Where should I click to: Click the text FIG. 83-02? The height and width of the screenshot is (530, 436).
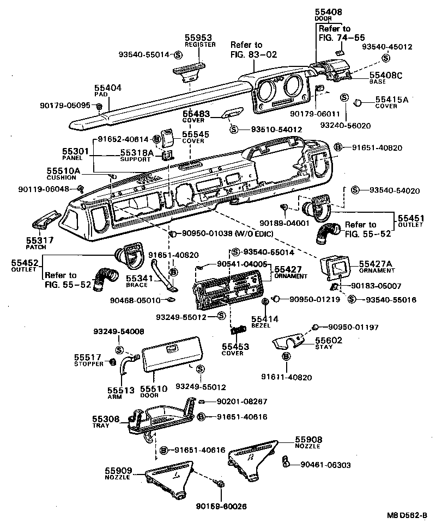[254, 54]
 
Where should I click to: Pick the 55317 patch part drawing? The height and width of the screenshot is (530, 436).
[46, 220]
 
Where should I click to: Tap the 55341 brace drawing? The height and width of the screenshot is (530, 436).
[161, 275]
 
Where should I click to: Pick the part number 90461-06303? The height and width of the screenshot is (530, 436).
[324, 465]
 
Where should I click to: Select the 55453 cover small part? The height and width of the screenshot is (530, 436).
[236, 330]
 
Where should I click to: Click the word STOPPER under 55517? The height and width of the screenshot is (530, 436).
[88, 363]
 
